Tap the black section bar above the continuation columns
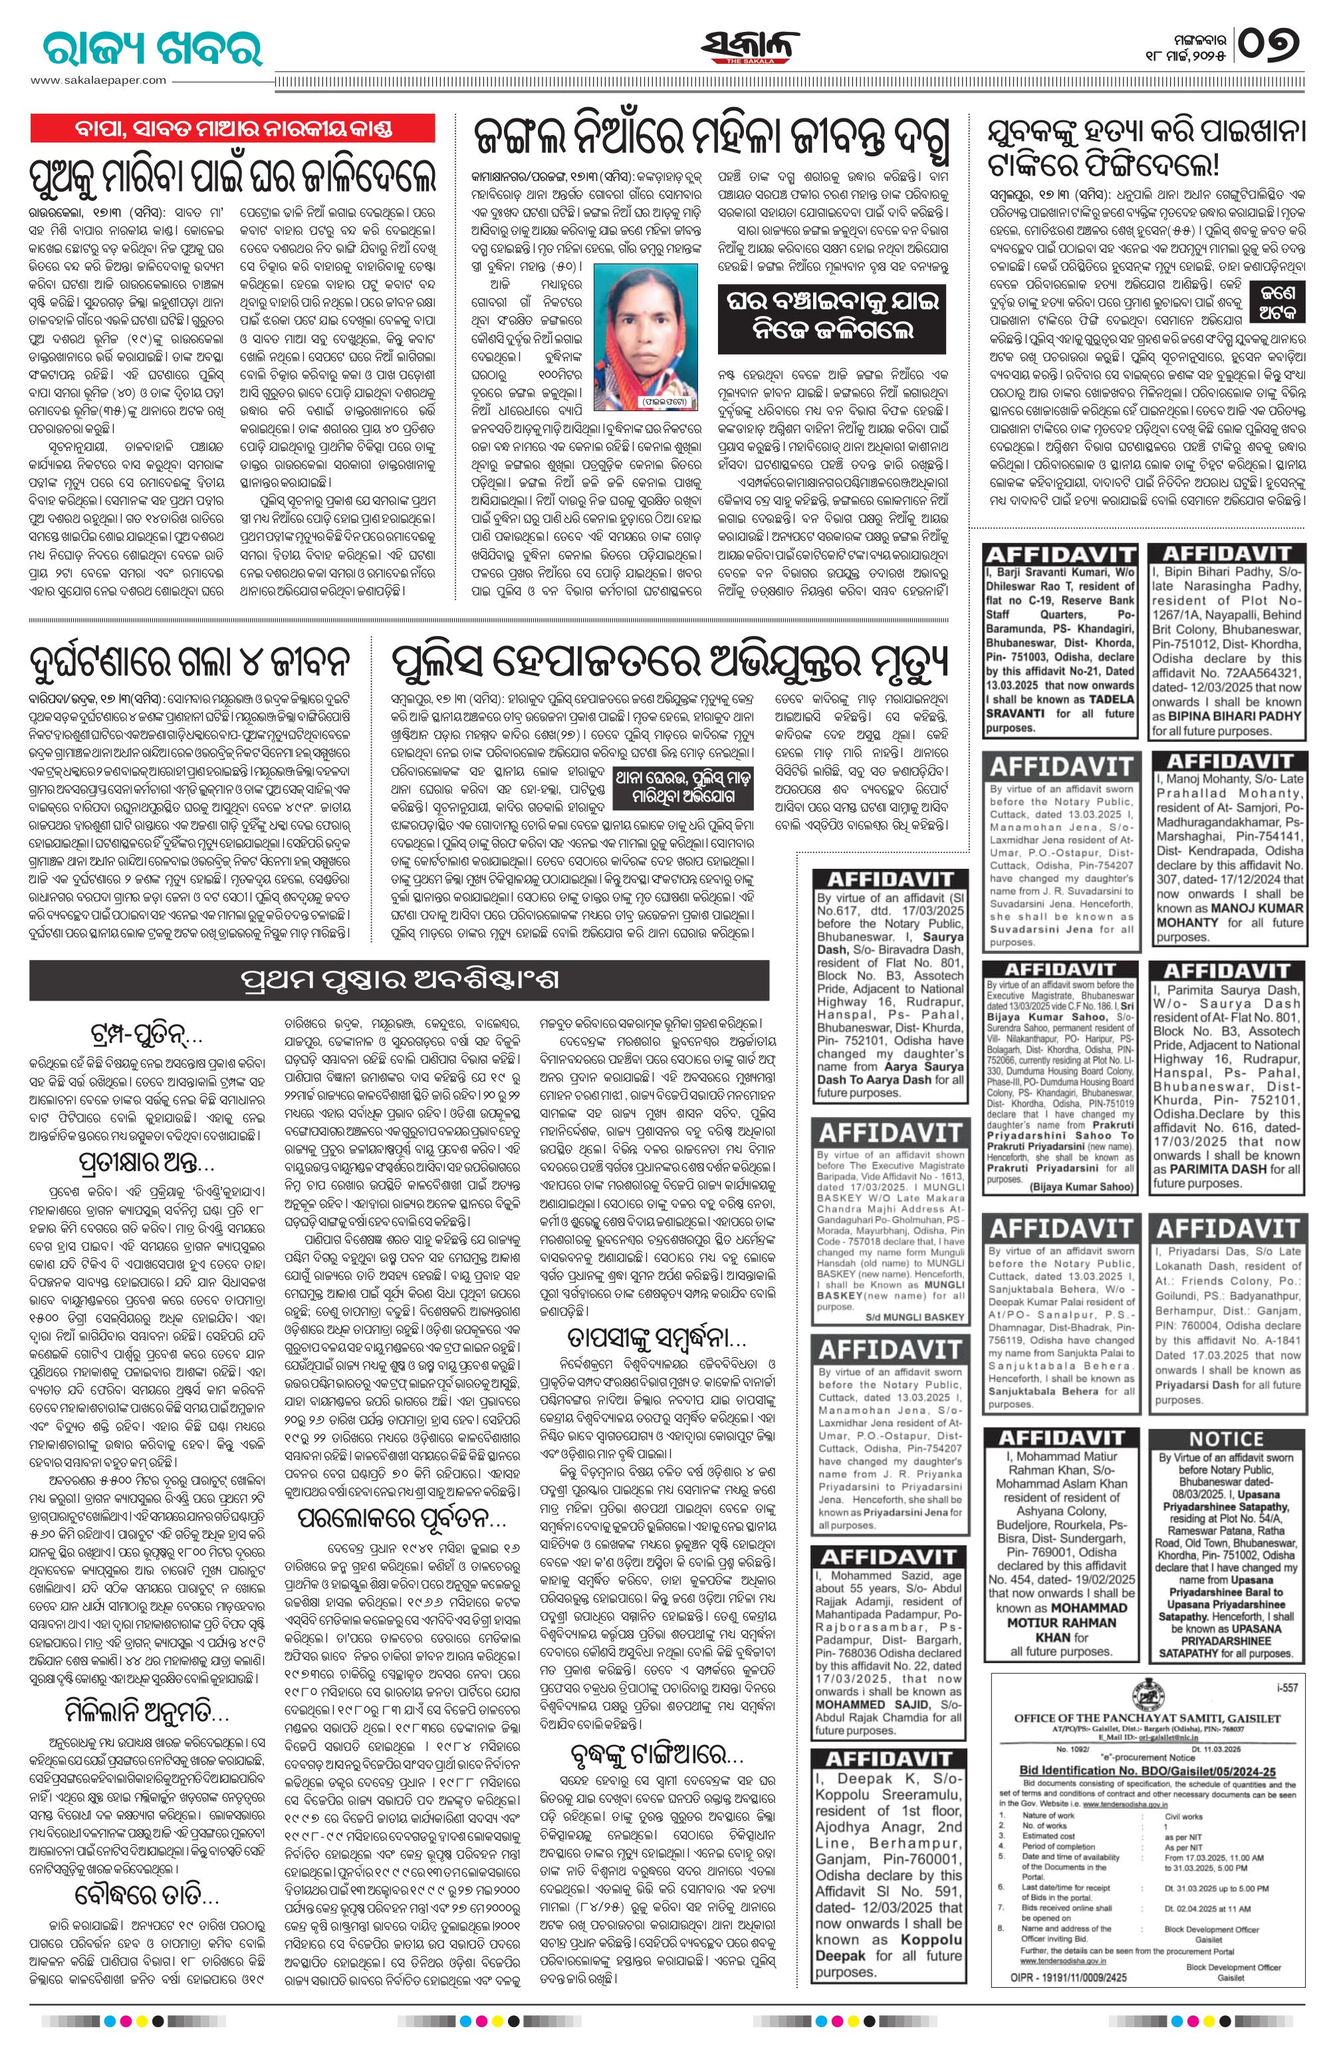coord(400,981)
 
